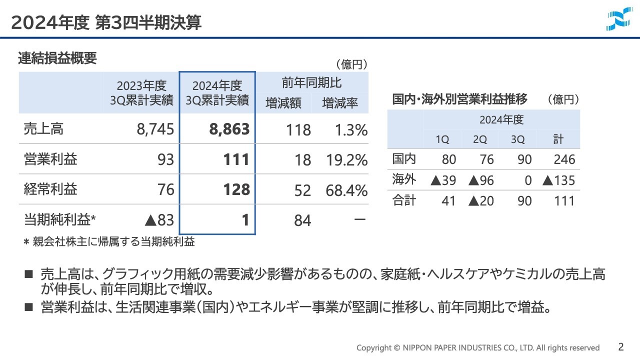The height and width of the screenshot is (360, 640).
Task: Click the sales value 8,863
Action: [229, 129]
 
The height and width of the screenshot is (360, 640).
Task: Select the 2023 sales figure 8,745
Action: [155, 130]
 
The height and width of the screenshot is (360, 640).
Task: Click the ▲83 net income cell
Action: [158, 220]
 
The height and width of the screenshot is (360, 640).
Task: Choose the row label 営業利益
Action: [50, 159]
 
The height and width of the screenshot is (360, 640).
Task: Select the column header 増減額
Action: [283, 103]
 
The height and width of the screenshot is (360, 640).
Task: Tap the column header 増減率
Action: [340, 103]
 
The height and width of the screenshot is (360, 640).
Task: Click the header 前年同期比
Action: [311, 82]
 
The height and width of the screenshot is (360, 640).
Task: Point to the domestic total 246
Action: [564, 159]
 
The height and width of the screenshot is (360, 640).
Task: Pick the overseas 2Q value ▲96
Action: [481, 180]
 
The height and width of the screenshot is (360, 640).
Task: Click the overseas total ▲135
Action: [559, 180]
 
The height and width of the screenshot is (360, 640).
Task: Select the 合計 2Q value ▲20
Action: [481, 201]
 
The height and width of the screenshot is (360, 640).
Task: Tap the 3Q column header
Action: [517, 140]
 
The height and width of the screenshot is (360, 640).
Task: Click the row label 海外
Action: [404, 179]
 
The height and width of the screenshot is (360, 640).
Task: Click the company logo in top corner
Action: [618, 20]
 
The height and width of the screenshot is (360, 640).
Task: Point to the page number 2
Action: [621, 346]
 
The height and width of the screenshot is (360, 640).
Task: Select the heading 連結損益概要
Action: [57, 58]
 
